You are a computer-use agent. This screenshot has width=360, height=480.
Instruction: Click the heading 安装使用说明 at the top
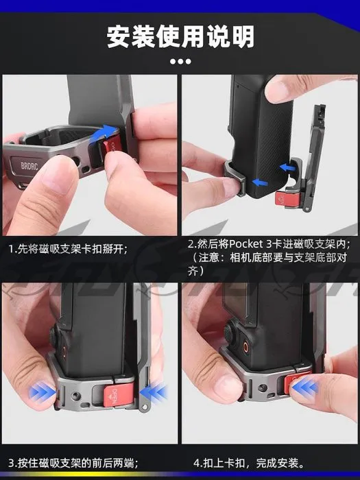[180, 36]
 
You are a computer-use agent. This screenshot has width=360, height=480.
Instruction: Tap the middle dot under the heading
[180, 62]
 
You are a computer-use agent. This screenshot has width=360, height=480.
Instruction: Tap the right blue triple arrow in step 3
[156, 393]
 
